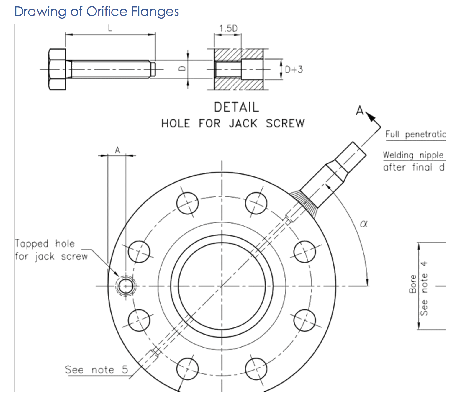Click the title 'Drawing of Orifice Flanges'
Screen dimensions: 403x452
pos(96,12)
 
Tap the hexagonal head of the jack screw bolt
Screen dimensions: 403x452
pos(57,69)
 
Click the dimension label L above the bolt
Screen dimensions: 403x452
pos(110,28)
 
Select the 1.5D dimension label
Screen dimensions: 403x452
pos(228,28)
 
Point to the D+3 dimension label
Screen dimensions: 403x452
pos(294,70)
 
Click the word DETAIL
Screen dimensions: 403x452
pos(236,107)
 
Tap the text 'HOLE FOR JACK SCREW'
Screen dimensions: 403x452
pos(233,123)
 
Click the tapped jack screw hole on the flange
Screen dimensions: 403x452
pos(126,286)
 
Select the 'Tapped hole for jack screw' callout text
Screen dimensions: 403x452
pos(51,250)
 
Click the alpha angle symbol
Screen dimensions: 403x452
pos(364,224)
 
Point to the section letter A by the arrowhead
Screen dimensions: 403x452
pos(360,111)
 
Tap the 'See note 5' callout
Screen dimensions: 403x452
pos(96,370)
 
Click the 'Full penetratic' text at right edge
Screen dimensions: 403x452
pos(415,135)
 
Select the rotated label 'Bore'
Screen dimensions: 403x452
pos(413,284)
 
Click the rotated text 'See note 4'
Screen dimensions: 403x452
pos(424,288)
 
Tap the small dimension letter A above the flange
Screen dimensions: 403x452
pos(117,150)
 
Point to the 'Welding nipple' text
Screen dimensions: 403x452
pos(413,155)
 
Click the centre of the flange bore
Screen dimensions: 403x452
pos(222,286)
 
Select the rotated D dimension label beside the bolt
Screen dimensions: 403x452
pos(183,69)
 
